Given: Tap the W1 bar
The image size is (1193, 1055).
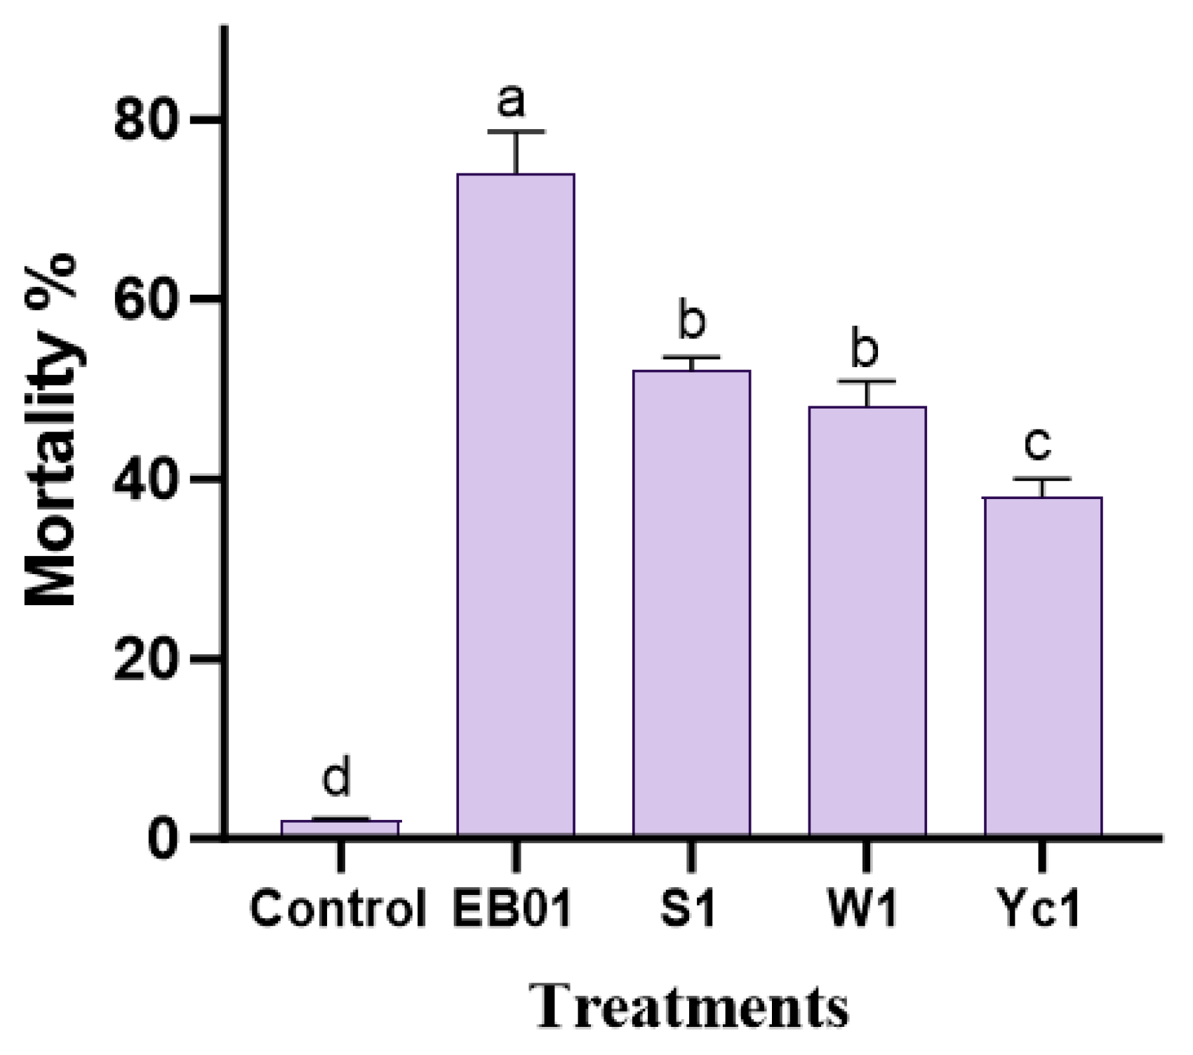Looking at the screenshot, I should (867, 621).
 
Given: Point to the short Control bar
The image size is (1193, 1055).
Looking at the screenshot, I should (340, 828).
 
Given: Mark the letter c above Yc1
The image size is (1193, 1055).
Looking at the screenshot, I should (1038, 444).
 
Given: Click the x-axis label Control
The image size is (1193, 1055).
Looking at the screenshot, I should (338, 909).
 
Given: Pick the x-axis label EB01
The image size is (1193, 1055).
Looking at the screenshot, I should (512, 909).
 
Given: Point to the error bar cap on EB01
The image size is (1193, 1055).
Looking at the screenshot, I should (516, 131).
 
